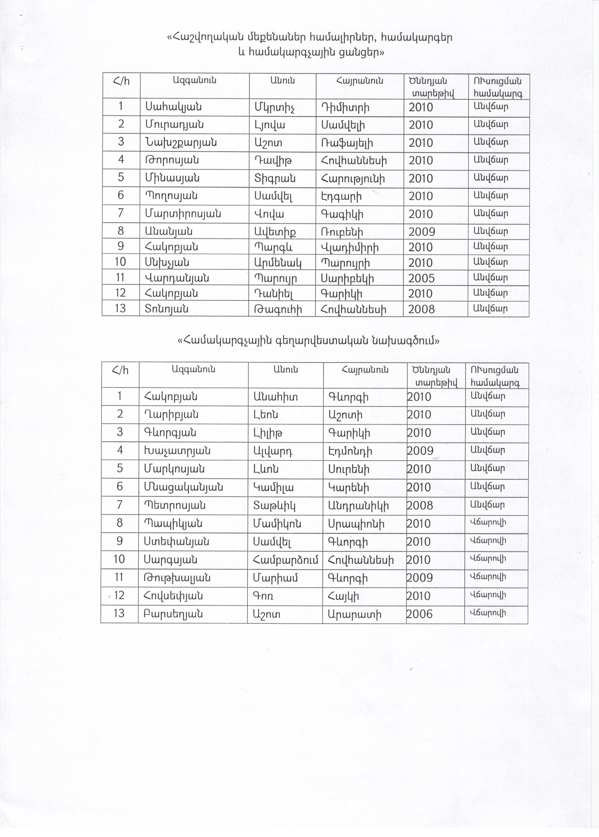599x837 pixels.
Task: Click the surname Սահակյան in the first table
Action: point(173,107)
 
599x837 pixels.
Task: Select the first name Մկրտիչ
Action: point(274,107)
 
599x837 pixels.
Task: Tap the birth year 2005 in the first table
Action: point(421,278)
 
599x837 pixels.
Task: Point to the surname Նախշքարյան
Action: point(180,143)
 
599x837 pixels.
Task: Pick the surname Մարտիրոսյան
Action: point(182,214)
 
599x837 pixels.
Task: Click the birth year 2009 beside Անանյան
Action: point(421,232)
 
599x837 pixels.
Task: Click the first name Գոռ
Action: point(263,596)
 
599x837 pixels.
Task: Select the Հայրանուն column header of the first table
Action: point(359,81)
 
